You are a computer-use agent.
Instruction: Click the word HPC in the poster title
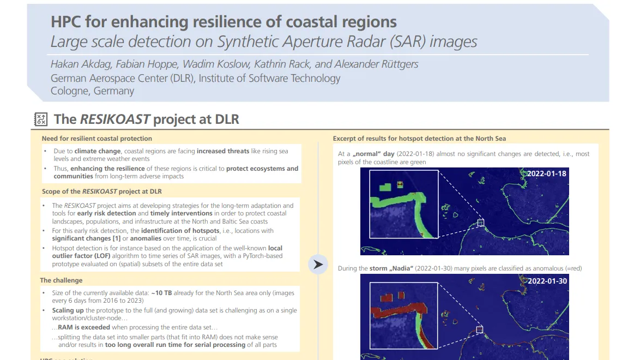pyautogui.click(x=66, y=22)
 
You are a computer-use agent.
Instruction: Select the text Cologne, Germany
pyautogui.click(x=92, y=91)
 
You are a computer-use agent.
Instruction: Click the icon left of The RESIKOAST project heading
pyautogui.click(x=41, y=119)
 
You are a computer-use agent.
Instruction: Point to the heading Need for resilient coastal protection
pyautogui.click(x=97, y=139)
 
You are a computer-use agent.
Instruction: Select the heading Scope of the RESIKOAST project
pyautogui.click(x=102, y=191)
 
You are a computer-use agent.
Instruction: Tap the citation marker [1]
pyautogui.click(x=116, y=238)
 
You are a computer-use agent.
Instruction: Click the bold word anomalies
pyautogui.click(x=146, y=238)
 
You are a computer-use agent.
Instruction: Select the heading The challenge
pyautogui.click(x=62, y=280)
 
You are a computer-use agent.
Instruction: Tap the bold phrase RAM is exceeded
pyautogui.click(x=84, y=327)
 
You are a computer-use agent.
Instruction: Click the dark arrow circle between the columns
pyautogui.click(x=317, y=265)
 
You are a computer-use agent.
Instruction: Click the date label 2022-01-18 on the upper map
pyautogui.click(x=546, y=174)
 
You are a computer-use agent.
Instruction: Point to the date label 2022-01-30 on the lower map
pyautogui.click(x=546, y=281)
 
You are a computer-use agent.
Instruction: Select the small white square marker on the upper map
pyautogui.click(x=480, y=223)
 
